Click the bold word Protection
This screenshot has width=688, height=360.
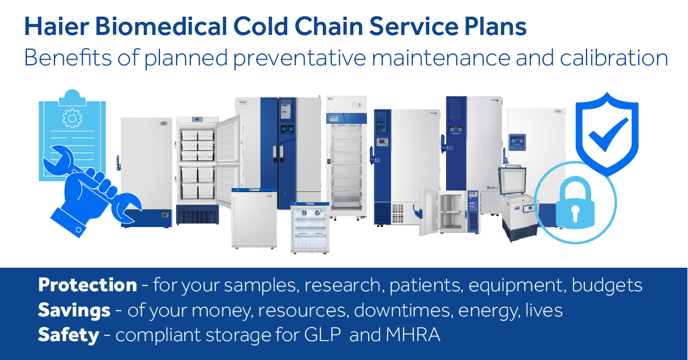pos(87,285)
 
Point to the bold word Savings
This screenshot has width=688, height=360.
pos(74,310)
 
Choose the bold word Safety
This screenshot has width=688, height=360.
pos(68,335)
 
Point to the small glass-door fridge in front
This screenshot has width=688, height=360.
pos(310,228)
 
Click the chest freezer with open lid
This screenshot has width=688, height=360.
pos(518,201)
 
